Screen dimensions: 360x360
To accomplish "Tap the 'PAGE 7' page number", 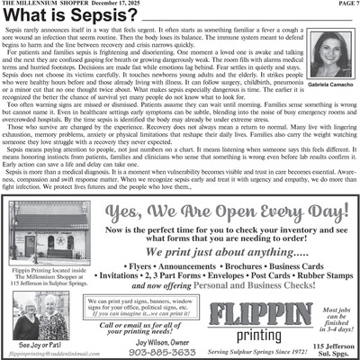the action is (342, 4).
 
